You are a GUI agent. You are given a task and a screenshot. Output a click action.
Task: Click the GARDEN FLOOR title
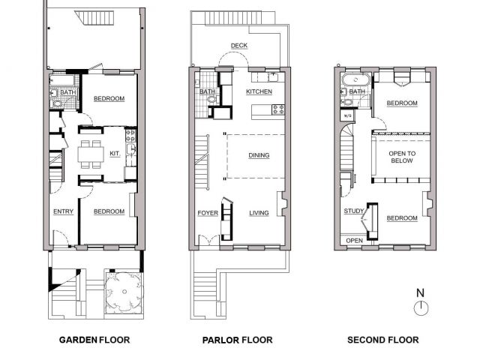point(94,340)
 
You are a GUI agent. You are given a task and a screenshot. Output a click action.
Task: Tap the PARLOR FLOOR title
point(237,340)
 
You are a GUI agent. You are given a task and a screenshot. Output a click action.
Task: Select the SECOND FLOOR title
point(383,340)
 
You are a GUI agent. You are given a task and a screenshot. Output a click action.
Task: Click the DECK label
point(239,46)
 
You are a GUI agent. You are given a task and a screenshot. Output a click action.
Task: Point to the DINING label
point(259,155)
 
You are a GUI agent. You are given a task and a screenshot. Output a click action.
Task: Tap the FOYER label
point(208,213)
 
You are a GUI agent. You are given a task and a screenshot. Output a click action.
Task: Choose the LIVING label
point(259,213)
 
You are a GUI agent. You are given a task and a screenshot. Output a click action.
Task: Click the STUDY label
point(354,211)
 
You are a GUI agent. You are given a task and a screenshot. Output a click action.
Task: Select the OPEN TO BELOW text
point(402,157)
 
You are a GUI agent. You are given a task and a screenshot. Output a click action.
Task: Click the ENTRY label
point(63,211)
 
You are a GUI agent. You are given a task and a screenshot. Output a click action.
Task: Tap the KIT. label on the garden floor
point(115,153)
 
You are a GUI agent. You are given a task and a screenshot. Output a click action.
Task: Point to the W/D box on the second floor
point(348,115)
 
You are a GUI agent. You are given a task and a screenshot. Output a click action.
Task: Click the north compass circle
point(421,308)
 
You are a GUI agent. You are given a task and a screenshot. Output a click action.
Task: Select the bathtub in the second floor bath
point(356,80)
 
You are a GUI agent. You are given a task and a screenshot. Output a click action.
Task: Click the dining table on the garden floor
point(91,154)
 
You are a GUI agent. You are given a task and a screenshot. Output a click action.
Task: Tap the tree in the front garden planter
point(124,292)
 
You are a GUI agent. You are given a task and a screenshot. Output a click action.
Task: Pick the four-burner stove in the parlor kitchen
point(278,109)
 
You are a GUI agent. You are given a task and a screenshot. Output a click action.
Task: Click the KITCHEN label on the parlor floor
point(259,91)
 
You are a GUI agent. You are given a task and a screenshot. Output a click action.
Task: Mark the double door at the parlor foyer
point(209,240)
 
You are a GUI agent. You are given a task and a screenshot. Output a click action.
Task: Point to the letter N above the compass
point(421,293)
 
